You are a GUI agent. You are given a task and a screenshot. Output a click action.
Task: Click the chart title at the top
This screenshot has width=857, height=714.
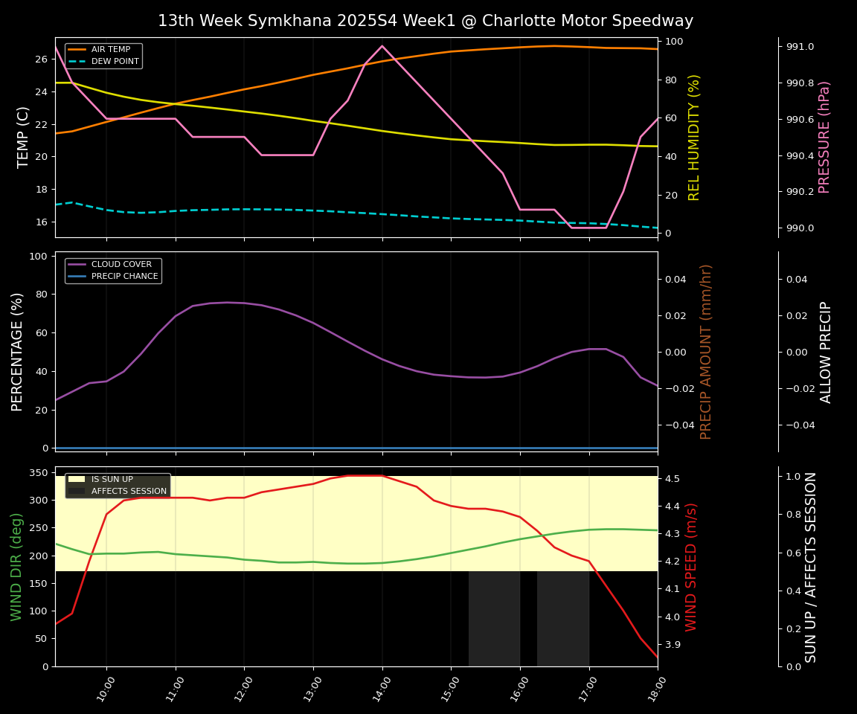(x=425, y=21)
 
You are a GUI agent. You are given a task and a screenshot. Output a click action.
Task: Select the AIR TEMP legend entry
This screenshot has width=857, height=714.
(x=112, y=50)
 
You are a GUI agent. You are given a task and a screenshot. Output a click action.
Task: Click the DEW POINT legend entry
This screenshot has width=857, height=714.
(x=115, y=61)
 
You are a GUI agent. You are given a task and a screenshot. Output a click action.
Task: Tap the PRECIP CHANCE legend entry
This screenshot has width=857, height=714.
(x=124, y=277)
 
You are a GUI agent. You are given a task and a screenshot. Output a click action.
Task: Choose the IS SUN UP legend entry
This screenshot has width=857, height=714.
(x=112, y=480)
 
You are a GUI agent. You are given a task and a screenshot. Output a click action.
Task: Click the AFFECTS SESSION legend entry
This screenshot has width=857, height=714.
(x=129, y=491)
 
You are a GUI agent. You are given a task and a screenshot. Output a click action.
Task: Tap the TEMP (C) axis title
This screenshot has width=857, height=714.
(x=23, y=137)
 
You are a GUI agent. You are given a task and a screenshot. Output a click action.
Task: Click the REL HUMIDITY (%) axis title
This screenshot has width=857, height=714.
(x=694, y=137)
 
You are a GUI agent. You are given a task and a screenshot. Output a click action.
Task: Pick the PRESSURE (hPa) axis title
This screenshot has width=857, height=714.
(x=824, y=137)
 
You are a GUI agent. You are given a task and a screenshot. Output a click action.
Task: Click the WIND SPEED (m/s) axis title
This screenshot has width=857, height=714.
(x=691, y=567)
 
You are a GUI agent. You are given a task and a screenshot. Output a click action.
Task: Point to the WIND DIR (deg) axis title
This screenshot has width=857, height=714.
(x=16, y=567)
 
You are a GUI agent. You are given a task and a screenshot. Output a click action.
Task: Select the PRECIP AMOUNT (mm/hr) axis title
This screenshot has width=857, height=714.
(x=706, y=351)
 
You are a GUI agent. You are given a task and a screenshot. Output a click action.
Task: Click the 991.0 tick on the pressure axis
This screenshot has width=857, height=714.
(x=800, y=47)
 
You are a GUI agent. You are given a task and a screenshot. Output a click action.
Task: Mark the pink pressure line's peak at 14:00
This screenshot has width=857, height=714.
(x=382, y=46)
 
